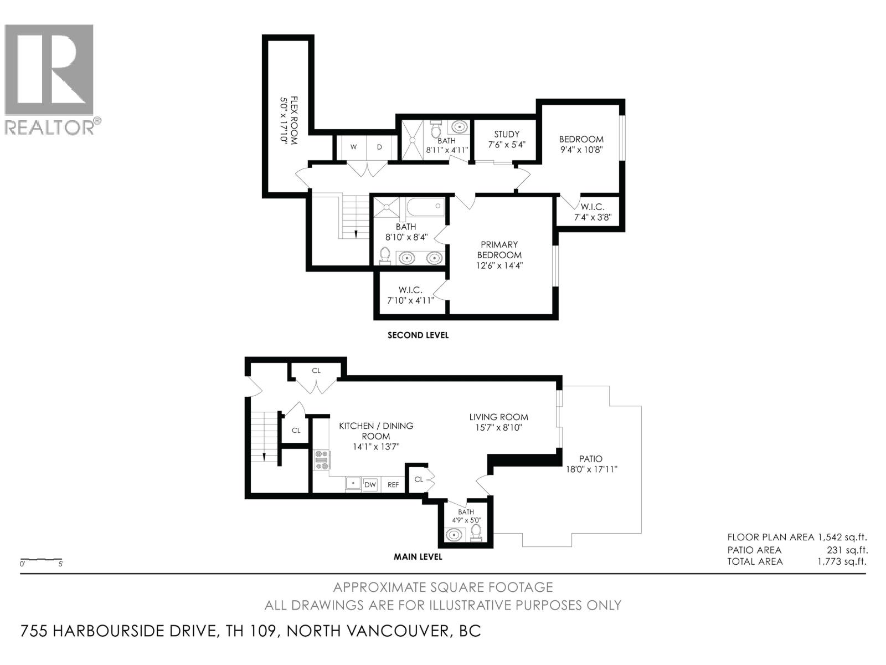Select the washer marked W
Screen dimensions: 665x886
click(353, 147)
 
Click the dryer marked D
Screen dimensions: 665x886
click(380, 147)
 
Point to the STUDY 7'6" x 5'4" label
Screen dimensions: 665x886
click(506, 139)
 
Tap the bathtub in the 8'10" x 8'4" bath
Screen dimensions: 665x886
click(425, 208)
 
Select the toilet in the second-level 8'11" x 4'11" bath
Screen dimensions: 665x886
click(436, 129)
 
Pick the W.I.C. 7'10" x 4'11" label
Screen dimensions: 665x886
click(410, 295)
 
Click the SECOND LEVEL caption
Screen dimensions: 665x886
click(418, 335)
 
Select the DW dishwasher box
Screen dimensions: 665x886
click(370, 484)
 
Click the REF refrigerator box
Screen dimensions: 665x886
click(393, 484)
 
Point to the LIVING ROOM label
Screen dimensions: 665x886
click(498, 422)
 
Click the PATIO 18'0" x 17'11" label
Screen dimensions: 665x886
click(590, 464)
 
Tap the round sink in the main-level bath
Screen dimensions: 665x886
click(455, 535)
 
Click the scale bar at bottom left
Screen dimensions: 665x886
click(41, 560)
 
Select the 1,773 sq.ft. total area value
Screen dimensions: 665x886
click(842, 561)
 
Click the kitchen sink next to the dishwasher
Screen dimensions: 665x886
click(353, 484)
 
